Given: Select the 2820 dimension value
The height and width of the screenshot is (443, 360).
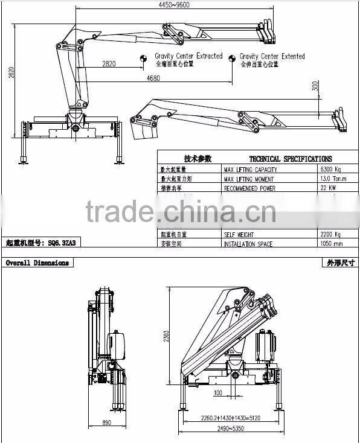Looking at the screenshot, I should (x=110, y=64).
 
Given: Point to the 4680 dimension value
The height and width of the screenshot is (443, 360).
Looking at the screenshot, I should (x=153, y=78).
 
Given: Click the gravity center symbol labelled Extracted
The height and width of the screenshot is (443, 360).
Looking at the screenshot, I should (x=144, y=58).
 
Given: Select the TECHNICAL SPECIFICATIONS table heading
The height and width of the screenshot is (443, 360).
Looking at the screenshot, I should (x=281, y=159).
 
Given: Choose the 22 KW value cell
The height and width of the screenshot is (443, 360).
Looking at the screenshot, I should (x=329, y=188).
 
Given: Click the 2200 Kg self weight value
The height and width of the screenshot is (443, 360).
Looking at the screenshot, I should (x=330, y=234).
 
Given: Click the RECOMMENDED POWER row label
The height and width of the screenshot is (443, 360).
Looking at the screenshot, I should (x=249, y=188).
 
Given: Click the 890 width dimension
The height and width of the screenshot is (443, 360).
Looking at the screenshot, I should (x=108, y=423).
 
